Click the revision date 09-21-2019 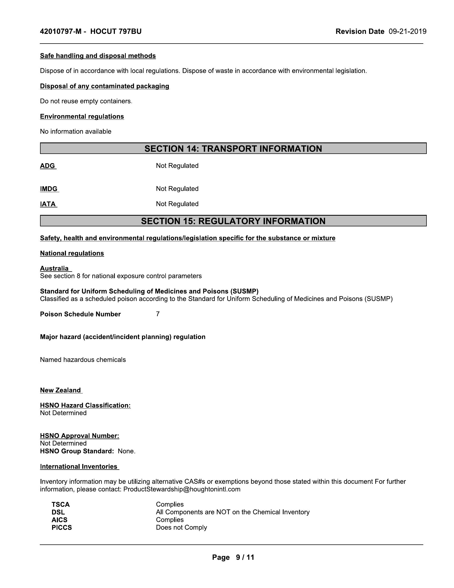407,32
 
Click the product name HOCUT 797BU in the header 116,32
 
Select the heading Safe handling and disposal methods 98,56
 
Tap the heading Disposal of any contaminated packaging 104,86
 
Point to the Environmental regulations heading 82,117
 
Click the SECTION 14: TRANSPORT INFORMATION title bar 233,149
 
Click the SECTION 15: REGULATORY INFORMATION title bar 233,221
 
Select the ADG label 48,166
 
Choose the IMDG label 49,189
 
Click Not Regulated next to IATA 177,204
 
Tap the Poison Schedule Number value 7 158,314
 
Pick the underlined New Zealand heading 61,390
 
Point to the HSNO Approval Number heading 79,436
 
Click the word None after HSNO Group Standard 126,451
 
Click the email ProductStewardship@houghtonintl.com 182,489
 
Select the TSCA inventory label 61,504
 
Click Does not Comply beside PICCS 181,527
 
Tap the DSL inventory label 58,512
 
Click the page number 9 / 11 245,557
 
